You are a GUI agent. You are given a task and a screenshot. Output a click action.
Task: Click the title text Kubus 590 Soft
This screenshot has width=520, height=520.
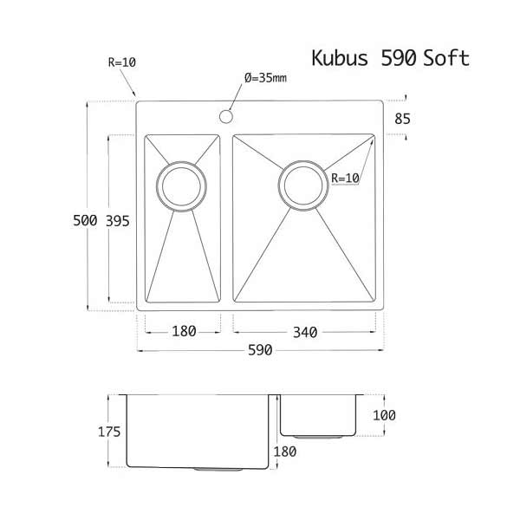point(390,58)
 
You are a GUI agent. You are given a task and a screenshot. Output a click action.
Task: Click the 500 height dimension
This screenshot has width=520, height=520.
point(84,221)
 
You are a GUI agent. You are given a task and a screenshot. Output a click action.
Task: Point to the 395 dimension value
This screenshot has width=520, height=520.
point(117,221)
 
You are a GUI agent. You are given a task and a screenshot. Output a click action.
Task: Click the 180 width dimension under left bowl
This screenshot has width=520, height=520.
point(183,331)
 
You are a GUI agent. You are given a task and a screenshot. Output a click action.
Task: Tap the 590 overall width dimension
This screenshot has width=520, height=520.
point(260,350)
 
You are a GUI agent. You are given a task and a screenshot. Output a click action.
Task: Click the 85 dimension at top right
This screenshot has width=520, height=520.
point(402,120)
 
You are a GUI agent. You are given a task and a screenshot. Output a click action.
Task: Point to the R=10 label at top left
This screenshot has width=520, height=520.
point(120,62)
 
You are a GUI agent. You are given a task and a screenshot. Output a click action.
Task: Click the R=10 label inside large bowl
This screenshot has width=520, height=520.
point(345,179)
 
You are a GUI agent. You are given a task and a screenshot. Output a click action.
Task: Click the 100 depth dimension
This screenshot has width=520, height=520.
point(384,415)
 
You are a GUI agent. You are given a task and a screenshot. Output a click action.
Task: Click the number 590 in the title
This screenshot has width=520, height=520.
point(399,58)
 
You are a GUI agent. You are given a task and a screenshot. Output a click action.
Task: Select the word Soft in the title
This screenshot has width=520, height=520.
point(446,58)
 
